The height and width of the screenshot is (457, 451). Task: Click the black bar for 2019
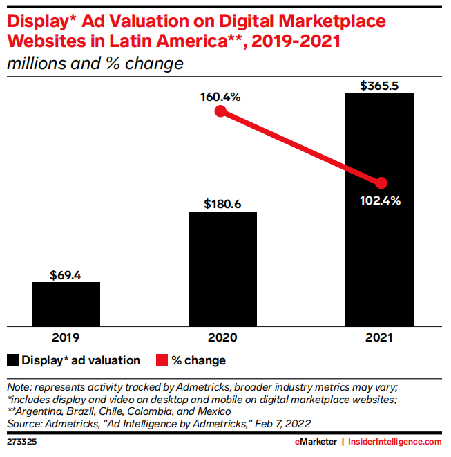(x=66, y=304)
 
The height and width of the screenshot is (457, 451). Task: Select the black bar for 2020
(x=222, y=268)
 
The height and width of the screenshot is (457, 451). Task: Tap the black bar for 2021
(x=379, y=207)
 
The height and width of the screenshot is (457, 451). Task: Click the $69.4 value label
(x=66, y=274)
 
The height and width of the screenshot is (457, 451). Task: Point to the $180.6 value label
(x=222, y=204)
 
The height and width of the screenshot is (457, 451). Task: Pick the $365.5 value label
(x=379, y=86)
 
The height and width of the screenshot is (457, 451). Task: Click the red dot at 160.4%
(x=220, y=112)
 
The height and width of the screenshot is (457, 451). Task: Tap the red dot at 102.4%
(x=381, y=183)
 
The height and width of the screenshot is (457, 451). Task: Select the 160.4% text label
(x=220, y=97)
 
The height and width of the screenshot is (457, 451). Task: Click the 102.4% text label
(x=381, y=201)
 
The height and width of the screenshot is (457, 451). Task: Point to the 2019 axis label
(x=66, y=338)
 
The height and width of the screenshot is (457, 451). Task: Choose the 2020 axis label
(x=222, y=338)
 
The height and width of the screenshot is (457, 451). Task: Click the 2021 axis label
(x=379, y=338)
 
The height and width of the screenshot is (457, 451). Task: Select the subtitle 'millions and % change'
(x=95, y=64)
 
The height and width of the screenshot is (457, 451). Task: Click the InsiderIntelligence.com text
(x=394, y=441)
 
